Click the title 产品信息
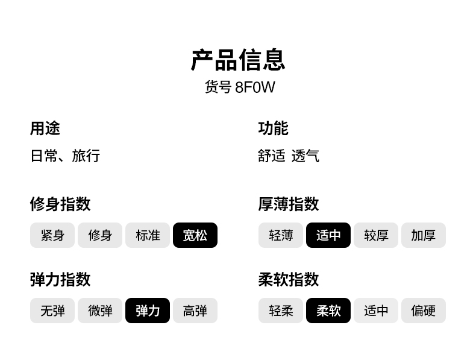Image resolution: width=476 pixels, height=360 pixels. pyautogui.click(x=237, y=60)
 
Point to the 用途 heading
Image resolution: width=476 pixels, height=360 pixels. pyautogui.click(x=45, y=128)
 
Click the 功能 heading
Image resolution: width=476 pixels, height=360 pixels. pyautogui.click(x=273, y=128)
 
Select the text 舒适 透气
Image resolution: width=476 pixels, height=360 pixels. pyautogui.click(x=288, y=156)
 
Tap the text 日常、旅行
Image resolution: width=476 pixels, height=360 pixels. pyautogui.click(x=65, y=156)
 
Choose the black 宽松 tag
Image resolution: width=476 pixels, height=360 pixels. pyautogui.click(x=195, y=235)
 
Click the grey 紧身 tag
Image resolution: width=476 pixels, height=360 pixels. pyautogui.click(x=52, y=235)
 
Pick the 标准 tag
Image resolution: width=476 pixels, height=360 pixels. pyautogui.click(x=148, y=235)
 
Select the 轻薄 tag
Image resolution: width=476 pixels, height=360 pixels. pyautogui.click(x=281, y=235)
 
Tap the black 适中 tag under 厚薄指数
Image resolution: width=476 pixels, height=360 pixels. pyautogui.click(x=328, y=235)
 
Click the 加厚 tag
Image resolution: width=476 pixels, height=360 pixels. pyautogui.click(x=424, y=235)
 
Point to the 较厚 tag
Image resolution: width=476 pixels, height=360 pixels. pyautogui.click(x=376, y=235)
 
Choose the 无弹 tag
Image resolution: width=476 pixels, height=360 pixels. pyautogui.click(x=52, y=311)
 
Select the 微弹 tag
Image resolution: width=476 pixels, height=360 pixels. pyautogui.click(x=100, y=311)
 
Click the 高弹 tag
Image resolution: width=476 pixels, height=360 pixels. pyautogui.click(x=195, y=311)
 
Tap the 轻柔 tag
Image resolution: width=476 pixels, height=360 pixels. pyautogui.click(x=281, y=311)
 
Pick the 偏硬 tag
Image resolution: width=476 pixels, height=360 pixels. pyautogui.click(x=424, y=311)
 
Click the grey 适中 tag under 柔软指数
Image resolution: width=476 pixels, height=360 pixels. pyautogui.click(x=376, y=311)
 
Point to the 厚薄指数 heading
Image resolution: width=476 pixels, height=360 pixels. pyautogui.click(x=288, y=204)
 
